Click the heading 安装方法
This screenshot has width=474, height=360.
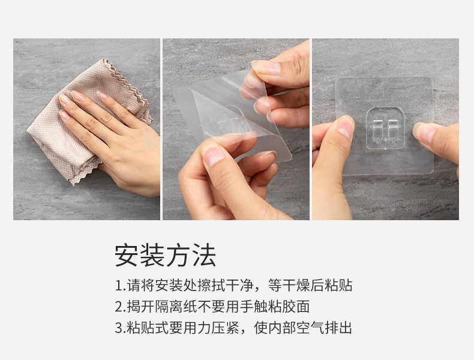click(x=165, y=256)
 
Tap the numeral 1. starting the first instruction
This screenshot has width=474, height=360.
click(x=120, y=286)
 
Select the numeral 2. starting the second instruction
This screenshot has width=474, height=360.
click(x=121, y=307)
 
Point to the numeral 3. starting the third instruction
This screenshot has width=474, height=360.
click(x=121, y=328)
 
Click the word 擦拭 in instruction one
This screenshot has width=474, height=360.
click(x=212, y=286)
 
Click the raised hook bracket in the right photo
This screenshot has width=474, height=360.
click(x=385, y=128)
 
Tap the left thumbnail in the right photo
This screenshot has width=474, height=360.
click(x=346, y=128)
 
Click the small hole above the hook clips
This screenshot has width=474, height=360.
click(x=385, y=115)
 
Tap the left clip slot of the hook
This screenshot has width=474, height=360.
click(x=377, y=130)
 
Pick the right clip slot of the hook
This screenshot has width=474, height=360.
click(x=392, y=130)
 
